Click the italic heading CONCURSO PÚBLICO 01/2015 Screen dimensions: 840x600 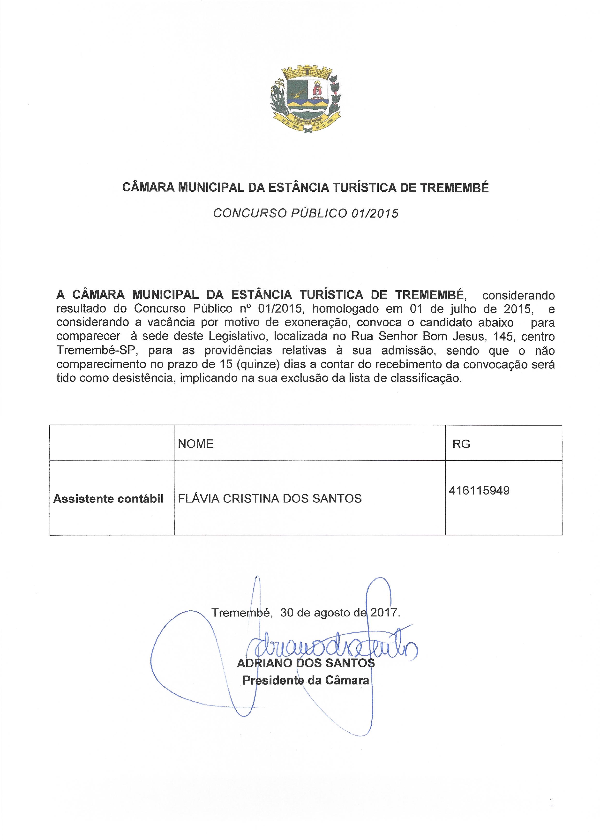[x=306, y=214]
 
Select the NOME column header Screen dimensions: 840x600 [x=196, y=444]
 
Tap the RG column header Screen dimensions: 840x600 [x=461, y=444]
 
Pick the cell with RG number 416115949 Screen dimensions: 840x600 [x=480, y=491]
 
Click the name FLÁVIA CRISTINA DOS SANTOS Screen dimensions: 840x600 [x=270, y=499]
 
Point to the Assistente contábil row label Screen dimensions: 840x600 [x=108, y=499]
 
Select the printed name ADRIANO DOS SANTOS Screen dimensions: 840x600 [x=306, y=663]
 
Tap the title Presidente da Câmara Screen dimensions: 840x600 [x=306, y=680]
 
